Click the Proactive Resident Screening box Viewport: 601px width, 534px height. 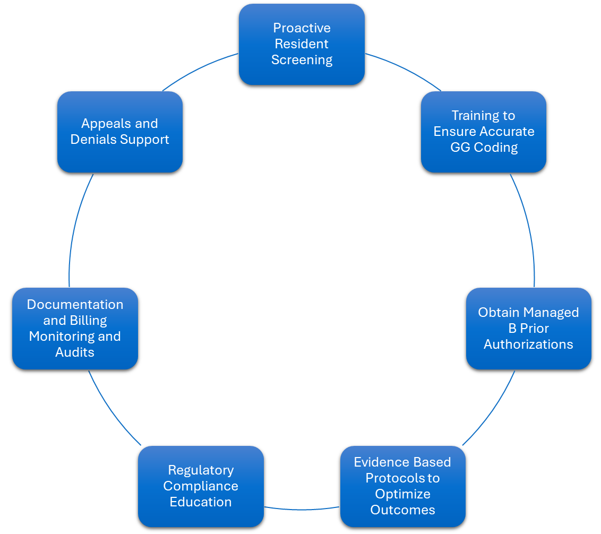coord(302,44)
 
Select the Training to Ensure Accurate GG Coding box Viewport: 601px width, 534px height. coord(484,132)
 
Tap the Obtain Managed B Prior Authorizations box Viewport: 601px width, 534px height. coord(528,328)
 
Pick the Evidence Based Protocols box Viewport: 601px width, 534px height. coord(402,486)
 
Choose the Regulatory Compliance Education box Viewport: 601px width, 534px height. coord(201,486)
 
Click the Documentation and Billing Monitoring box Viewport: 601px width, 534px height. coord(75,328)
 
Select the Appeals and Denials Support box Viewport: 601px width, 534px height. coord(120,132)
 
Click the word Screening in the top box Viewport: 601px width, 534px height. coord(302,60)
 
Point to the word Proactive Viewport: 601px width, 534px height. coord(302,28)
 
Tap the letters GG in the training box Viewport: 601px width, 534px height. coord(460,148)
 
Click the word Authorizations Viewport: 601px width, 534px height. coord(528,344)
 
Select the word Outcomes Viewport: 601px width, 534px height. coord(402,510)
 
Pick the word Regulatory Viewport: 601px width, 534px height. coord(201,470)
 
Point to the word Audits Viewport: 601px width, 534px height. coord(75,352)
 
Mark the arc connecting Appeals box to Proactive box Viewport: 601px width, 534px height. coord(199,68)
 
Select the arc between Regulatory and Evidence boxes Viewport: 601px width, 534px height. coord(302,510)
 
